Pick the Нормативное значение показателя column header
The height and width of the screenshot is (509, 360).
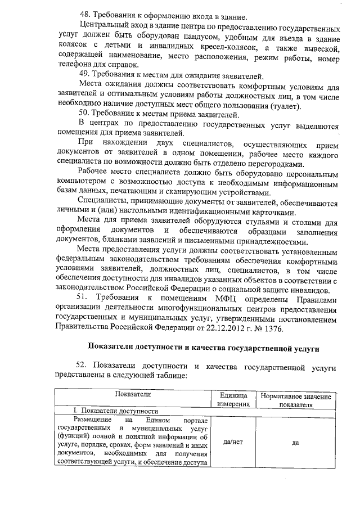295,400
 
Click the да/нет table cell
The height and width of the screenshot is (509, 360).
233,442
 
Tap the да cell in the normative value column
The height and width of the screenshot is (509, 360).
295,442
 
